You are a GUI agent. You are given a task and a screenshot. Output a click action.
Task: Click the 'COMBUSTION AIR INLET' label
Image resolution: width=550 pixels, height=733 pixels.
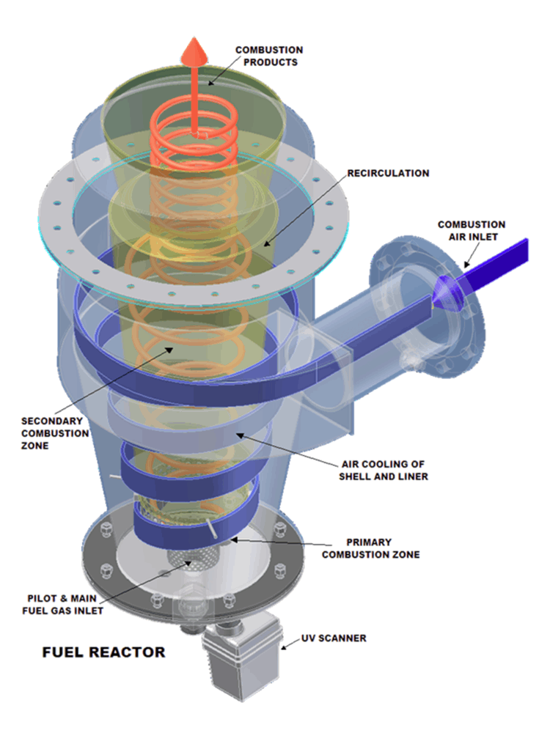tap(471, 229)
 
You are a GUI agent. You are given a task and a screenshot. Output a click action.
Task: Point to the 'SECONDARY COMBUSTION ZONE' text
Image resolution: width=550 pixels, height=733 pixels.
tap(55, 432)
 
